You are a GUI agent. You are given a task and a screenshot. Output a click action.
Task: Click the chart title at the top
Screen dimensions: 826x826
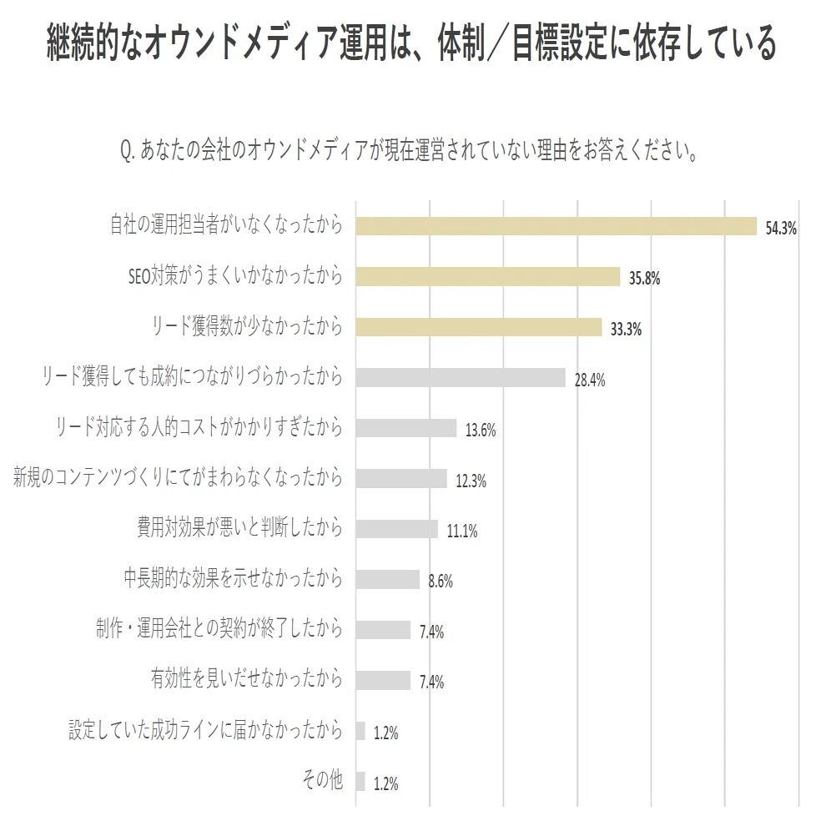pos(411,43)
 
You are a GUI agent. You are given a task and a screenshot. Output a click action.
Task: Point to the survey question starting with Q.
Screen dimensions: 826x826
pos(410,151)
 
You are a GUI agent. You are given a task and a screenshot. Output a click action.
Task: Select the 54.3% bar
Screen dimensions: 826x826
pos(557,226)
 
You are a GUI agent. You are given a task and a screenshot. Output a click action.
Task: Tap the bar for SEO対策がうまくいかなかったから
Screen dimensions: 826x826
pos(488,276)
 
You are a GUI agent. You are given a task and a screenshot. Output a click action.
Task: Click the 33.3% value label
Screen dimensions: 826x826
pos(626,330)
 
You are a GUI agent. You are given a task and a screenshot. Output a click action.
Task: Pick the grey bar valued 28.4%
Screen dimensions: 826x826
pos(461,378)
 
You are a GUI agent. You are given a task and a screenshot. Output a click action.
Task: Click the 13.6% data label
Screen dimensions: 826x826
pos(481,431)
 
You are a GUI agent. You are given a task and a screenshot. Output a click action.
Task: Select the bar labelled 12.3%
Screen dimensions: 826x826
pos(401,478)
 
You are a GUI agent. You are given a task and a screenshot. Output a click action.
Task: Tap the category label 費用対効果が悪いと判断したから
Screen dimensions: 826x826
pos(240,527)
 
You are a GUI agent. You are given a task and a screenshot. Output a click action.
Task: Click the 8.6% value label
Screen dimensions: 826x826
pos(441,582)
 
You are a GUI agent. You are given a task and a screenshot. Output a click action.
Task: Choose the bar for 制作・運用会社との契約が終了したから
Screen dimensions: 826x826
pos(383,630)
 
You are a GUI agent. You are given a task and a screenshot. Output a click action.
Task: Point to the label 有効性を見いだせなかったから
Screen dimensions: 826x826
pos(247,678)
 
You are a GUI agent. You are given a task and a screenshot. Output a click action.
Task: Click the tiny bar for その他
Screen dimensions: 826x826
pos(360,781)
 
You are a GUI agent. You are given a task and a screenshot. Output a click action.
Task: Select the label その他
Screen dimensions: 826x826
pos(322,779)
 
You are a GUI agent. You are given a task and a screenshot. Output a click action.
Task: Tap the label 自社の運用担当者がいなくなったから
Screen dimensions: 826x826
pos(226,224)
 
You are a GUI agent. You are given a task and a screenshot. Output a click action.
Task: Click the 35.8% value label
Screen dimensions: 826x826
pos(644,278)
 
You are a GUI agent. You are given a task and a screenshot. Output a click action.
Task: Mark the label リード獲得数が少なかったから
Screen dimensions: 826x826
pos(247,326)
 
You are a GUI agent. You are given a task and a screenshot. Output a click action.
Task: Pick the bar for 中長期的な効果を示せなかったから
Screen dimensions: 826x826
pos(388,580)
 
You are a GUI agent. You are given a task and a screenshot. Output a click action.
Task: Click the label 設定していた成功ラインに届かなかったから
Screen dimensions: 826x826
pos(206,729)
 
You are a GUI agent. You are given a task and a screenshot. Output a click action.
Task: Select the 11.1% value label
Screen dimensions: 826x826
pos(462,531)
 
